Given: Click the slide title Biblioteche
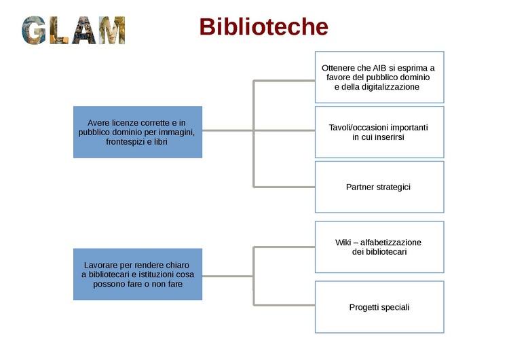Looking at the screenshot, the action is coord(263,27).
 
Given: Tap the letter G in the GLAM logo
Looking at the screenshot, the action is coord(35,31).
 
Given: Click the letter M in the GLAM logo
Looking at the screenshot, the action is coord(112,31).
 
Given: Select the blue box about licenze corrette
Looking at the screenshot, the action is coord(137,132).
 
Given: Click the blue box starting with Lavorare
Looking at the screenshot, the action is coord(137,274).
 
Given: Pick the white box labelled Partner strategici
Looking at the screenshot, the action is coord(379,187).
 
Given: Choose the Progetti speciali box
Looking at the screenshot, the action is coord(379,307).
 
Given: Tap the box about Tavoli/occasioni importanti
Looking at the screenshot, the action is coord(379,132).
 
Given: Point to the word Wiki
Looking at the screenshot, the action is coord(344,242).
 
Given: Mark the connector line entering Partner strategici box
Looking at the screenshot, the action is coord(285,186).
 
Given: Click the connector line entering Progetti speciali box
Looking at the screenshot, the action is coord(285,305).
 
